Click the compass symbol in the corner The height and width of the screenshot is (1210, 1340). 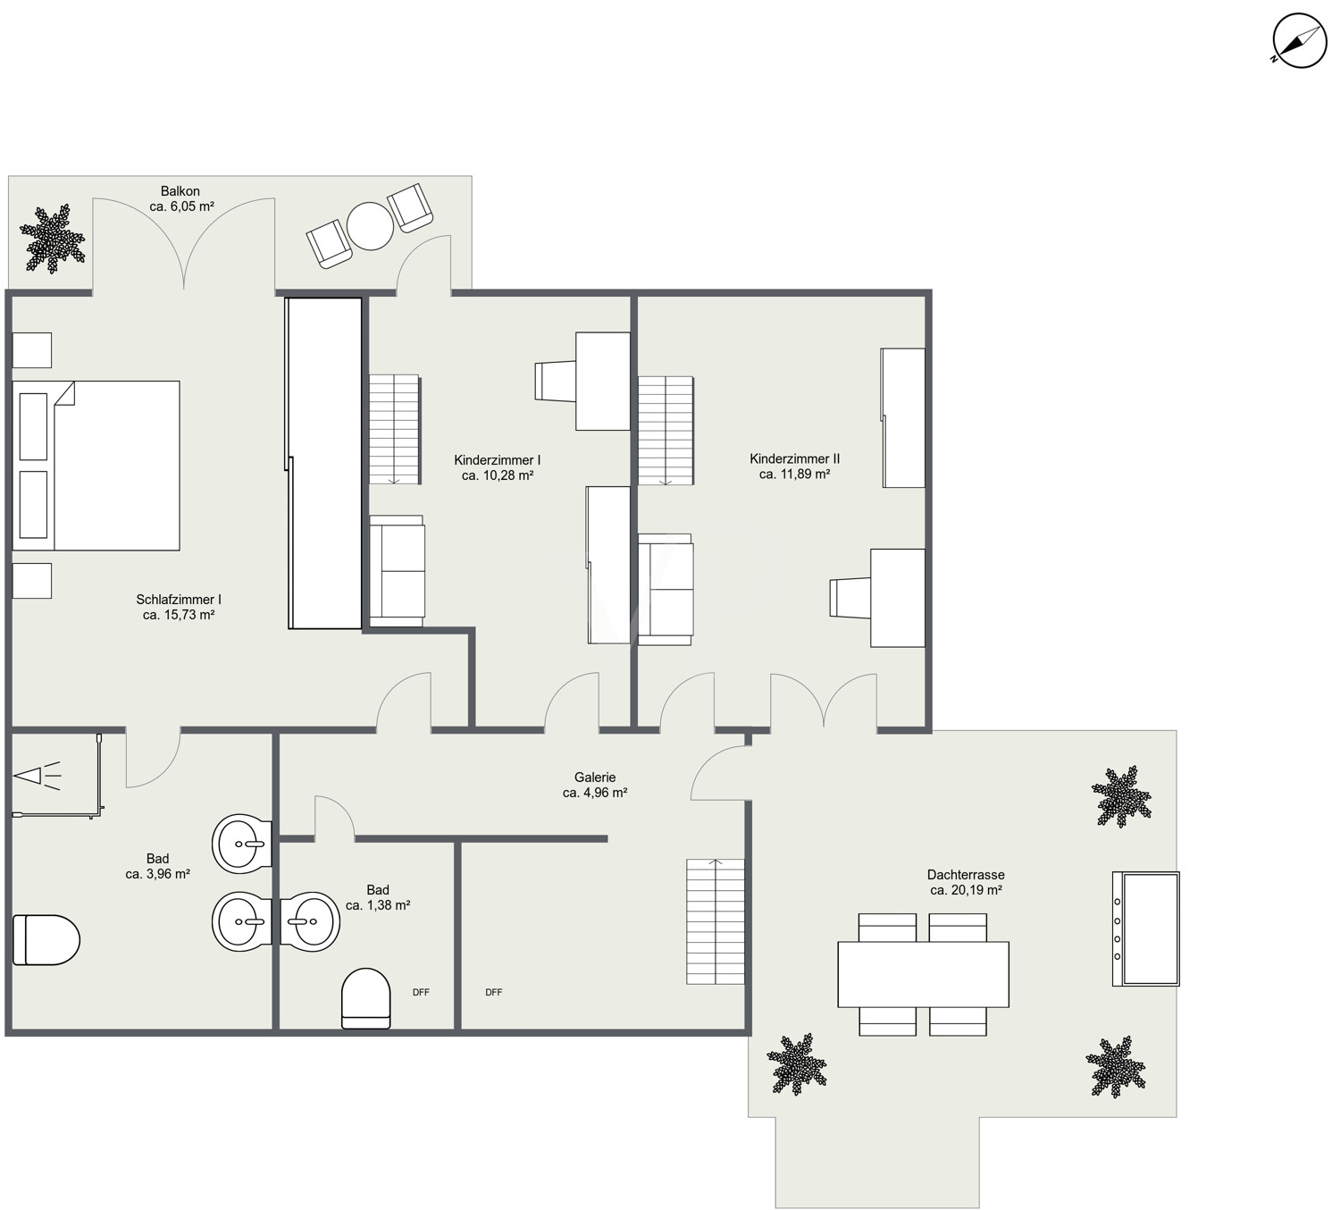pos(1299,41)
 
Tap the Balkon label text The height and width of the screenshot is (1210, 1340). pos(180,191)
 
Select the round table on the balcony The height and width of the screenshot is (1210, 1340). pos(370,226)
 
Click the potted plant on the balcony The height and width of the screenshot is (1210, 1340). pos(53,239)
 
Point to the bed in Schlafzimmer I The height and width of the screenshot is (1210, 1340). pos(96,466)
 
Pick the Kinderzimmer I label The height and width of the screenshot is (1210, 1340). pos(497,460)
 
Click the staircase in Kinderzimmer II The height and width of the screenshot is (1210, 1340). pos(666,431)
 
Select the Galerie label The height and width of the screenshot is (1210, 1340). pos(595,777)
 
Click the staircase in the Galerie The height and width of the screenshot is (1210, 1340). pos(716,921)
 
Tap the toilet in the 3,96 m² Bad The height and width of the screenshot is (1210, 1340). pos(46,940)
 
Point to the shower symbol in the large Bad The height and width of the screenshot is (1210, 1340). pos(38,777)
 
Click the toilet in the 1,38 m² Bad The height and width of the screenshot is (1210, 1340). pos(365,999)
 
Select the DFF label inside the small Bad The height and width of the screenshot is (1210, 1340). pos(421,993)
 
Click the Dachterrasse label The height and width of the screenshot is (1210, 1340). pos(966,874)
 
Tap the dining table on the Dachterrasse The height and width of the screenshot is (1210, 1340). pos(923,975)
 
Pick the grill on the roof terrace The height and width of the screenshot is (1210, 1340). pos(1145,929)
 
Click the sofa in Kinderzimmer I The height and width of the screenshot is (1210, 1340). pos(397,571)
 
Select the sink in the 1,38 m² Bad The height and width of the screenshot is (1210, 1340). pos(310,921)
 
